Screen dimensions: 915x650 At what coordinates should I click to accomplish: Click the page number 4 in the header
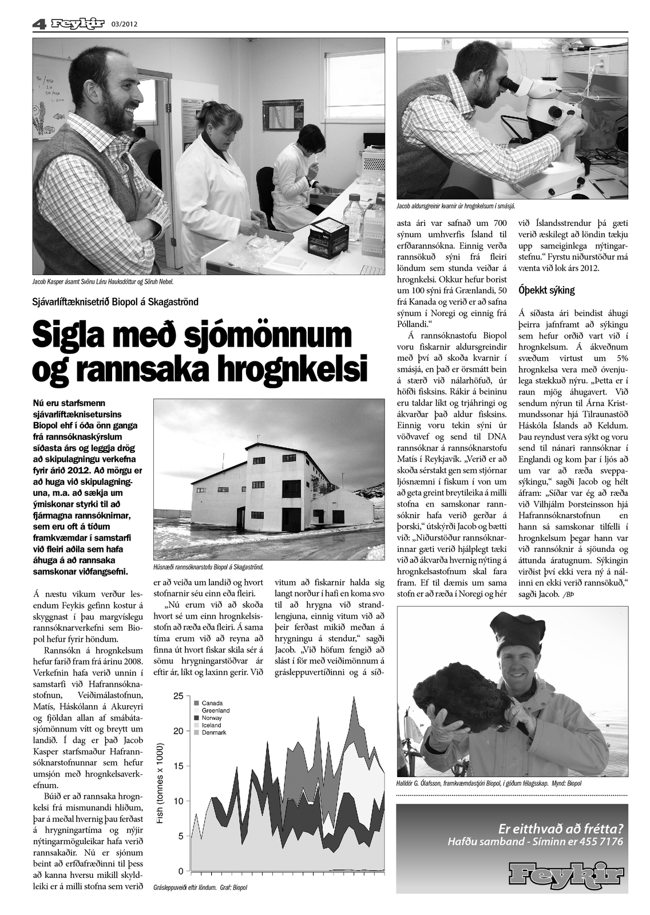coord(38,24)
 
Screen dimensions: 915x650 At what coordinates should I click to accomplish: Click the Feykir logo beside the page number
coord(77,24)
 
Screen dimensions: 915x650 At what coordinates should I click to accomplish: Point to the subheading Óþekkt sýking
coord(546,290)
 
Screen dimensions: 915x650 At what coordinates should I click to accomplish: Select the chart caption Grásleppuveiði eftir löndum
coord(184,888)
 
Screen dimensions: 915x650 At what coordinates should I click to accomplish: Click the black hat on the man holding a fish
coord(518,629)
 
